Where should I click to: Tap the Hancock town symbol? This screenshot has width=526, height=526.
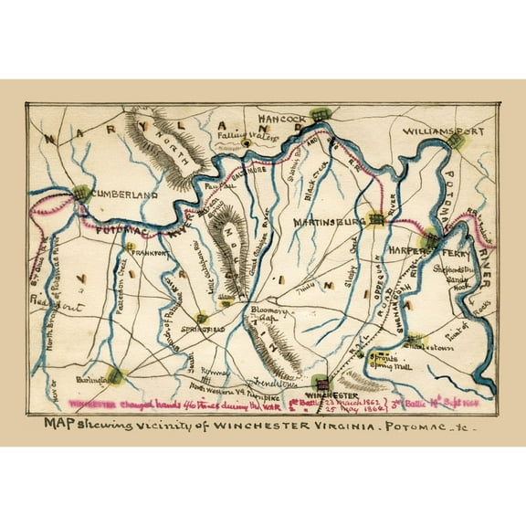(x=319, y=115)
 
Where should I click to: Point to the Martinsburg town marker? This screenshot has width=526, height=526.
(x=375, y=219)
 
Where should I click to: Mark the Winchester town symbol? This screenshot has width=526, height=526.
(x=321, y=381)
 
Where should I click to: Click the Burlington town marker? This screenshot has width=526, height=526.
(x=114, y=373)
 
